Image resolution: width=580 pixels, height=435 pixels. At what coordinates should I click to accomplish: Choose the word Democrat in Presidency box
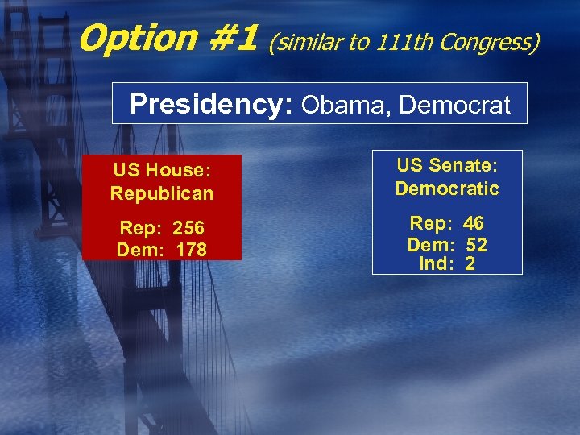pos(455,105)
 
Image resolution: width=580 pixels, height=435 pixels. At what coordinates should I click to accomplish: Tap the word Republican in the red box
pos(162,193)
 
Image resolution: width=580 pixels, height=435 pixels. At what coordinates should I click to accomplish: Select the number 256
pos(188,229)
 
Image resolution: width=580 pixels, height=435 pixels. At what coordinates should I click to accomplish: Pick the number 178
pos(190,250)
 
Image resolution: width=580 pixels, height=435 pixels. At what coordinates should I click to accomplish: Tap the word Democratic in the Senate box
pos(447,188)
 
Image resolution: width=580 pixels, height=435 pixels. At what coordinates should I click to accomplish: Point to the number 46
pos(473,224)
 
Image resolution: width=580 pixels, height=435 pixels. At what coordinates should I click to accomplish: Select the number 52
pos(476,244)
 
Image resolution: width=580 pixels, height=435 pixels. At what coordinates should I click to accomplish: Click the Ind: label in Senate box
pos(434,263)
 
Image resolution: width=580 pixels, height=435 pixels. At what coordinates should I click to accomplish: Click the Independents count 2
pos(470,263)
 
